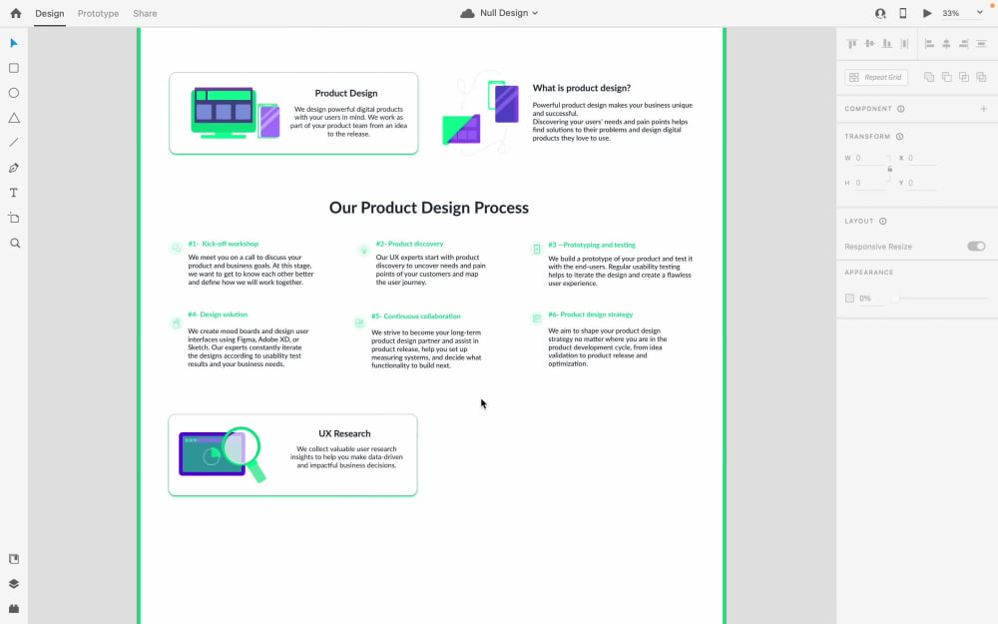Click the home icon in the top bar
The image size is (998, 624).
[15, 13]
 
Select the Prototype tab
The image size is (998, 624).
[98, 14]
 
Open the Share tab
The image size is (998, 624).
[145, 14]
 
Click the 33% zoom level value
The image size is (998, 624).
[951, 13]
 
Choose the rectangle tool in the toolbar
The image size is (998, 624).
[14, 68]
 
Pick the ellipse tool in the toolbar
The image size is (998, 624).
[14, 93]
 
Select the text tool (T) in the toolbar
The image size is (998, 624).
[14, 193]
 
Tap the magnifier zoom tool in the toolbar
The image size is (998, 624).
[14, 243]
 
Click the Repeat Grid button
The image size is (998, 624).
[876, 77]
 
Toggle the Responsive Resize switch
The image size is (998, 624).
[976, 247]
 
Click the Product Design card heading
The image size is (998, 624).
[346, 94]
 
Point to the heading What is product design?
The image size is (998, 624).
[581, 88]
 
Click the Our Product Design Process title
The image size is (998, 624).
[429, 208]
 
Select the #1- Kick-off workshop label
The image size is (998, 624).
[223, 244]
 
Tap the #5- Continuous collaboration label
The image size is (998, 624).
[415, 316]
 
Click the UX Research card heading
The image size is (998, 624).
[344, 433]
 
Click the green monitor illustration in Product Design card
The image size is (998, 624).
[223, 109]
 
